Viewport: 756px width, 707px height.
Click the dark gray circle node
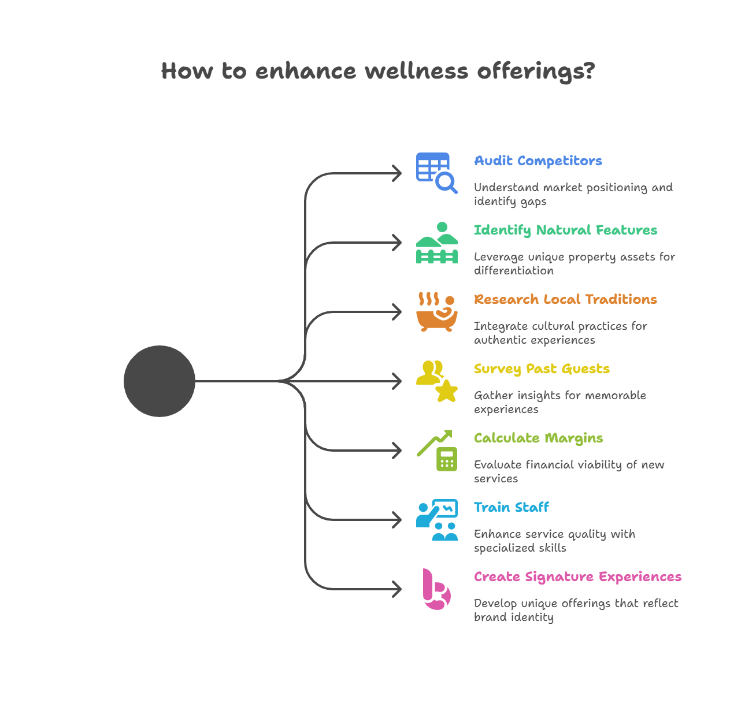[x=160, y=381]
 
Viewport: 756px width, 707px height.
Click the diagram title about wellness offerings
[x=377, y=71]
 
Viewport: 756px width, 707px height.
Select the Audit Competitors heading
[x=538, y=161]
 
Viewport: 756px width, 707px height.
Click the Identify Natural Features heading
[x=565, y=230]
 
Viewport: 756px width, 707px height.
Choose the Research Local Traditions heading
[x=565, y=300]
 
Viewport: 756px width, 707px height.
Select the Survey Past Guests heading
[x=542, y=369]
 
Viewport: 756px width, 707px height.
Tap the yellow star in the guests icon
[x=446, y=391]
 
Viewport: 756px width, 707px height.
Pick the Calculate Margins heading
[x=538, y=438]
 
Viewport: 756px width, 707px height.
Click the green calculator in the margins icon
[x=447, y=459]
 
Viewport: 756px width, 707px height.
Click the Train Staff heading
[x=511, y=508]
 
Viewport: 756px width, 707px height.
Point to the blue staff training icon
[x=436, y=520]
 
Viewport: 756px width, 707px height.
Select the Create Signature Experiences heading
[x=577, y=577]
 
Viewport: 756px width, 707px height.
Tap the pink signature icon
[x=436, y=589]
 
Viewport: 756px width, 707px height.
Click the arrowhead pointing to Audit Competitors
[x=397, y=173]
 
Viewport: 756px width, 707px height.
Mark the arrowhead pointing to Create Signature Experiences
[x=397, y=589]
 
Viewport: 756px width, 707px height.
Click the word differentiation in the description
[x=513, y=271]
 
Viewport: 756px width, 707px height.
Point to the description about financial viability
[x=569, y=471]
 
